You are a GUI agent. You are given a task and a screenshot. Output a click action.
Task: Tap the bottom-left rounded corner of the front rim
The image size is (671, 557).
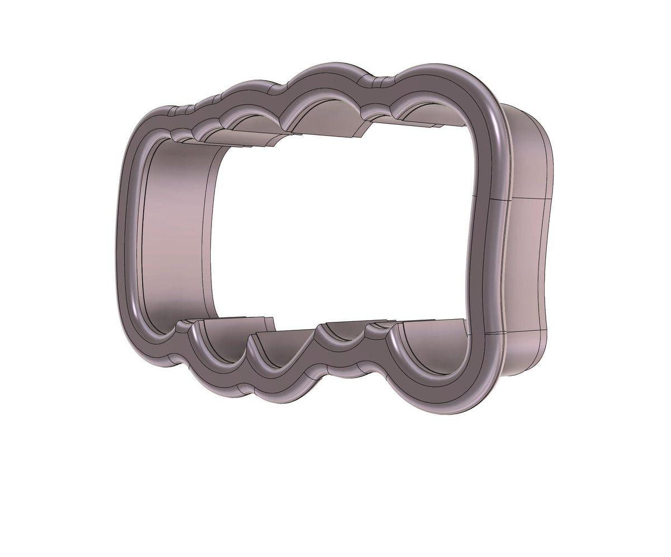coord(143,341)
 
